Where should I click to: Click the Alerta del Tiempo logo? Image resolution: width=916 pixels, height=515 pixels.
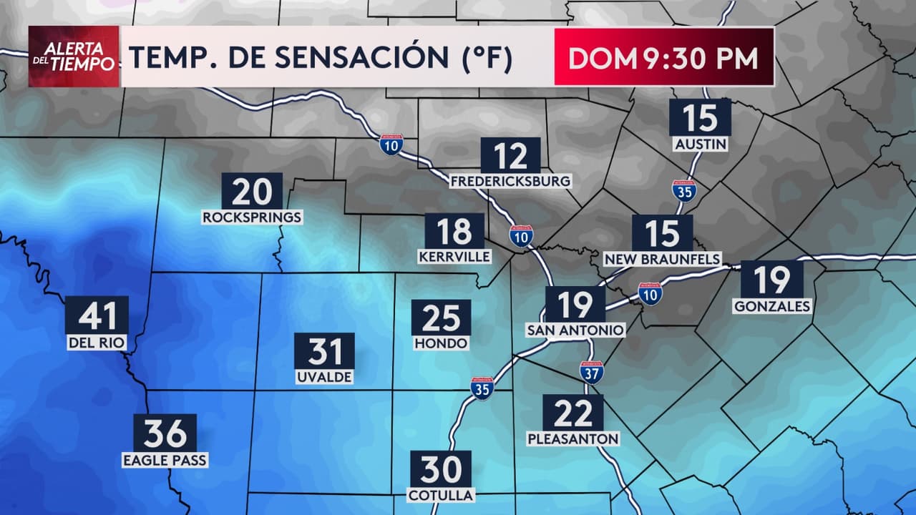(74, 57)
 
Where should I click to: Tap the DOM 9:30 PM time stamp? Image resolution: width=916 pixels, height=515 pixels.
(663, 58)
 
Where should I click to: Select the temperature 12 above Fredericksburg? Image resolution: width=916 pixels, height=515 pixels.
(510, 155)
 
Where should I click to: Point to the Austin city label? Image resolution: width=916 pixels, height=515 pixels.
(701, 144)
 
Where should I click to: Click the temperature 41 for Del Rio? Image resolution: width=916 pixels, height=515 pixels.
(97, 315)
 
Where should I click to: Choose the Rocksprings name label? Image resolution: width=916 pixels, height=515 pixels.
(252, 217)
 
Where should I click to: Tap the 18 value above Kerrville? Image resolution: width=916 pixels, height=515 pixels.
(454, 232)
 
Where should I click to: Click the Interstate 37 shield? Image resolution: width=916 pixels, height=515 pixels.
(591, 372)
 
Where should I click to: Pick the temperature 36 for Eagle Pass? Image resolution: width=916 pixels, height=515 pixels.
(165, 433)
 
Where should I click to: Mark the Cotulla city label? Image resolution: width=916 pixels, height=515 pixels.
(440, 495)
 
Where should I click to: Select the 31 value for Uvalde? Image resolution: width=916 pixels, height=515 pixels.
(324, 351)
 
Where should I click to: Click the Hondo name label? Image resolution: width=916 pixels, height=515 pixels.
(441, 343)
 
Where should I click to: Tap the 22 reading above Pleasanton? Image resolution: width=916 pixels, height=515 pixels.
(572, 413)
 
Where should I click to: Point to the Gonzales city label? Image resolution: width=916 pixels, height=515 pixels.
(772, 306)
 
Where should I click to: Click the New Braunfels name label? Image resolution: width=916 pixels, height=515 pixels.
(663, 259)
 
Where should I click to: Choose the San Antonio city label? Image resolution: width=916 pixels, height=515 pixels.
(575, 330)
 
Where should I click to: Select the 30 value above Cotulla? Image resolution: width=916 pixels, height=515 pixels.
(440, 469)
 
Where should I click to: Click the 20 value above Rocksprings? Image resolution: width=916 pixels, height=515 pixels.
(252, 191)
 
